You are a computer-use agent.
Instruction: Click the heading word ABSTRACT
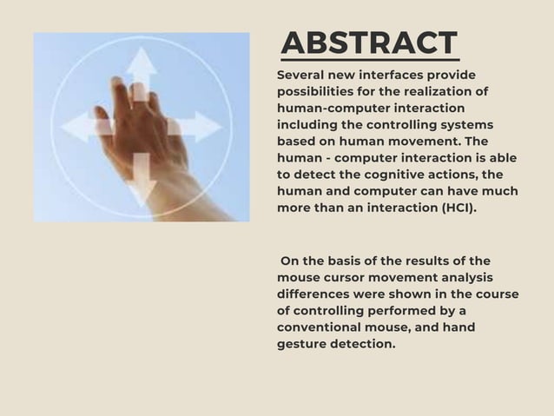coord(370,42)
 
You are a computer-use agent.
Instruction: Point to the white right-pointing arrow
coord(201,127)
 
